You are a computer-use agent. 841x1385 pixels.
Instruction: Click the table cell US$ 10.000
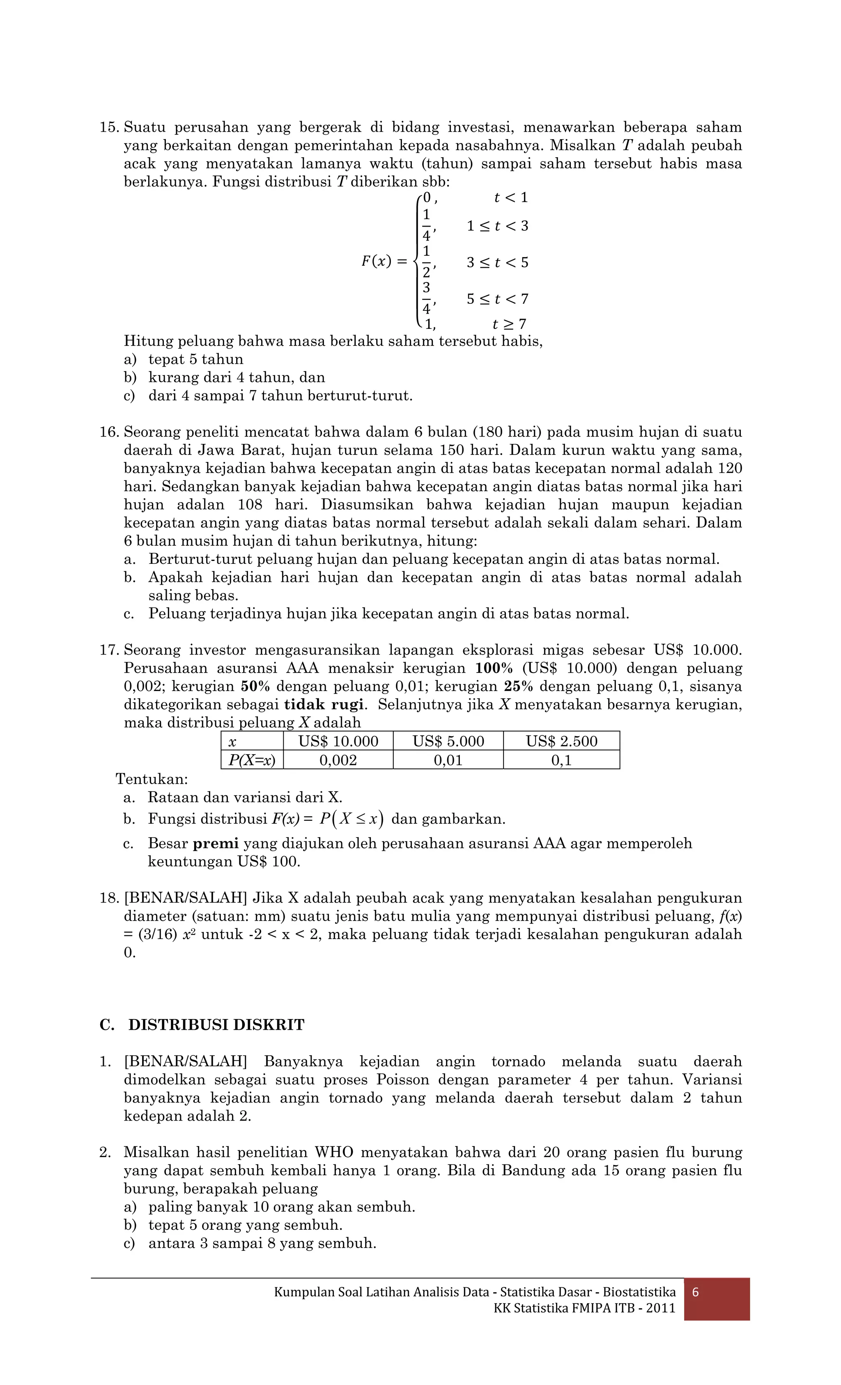[x=338, y=741]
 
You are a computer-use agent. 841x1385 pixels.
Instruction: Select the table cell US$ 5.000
[x=448, y=741]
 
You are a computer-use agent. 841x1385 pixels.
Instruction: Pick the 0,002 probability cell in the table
[x=338, y=760]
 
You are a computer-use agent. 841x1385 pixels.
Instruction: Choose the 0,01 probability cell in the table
[x=448, y=760]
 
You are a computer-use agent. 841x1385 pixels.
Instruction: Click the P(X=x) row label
[x=252, y=760]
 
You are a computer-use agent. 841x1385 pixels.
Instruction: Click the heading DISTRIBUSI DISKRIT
[x=216, y=1025]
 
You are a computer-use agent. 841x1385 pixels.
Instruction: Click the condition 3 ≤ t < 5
[x=497, y=262]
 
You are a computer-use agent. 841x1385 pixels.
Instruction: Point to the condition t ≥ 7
[x=509, y=324]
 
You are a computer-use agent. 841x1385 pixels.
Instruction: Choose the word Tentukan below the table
[x=152, y=779]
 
